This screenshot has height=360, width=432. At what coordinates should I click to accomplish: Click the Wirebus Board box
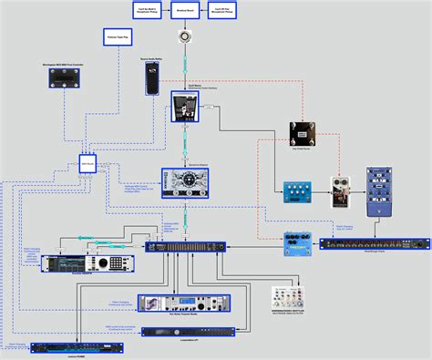(x=187, y=10)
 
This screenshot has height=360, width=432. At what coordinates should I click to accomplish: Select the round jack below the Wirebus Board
(x=187, y=36)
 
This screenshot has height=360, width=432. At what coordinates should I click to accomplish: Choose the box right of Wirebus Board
(x=226, y=10)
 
